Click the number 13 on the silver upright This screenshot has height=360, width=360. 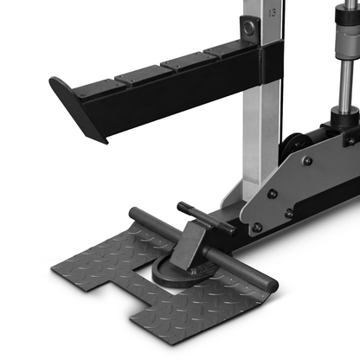point(272,13)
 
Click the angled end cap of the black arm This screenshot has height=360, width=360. point(77,109)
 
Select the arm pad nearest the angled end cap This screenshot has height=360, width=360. point(100,89)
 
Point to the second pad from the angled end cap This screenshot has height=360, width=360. point(145,75)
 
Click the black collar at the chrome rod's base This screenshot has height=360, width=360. point(345,116)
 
